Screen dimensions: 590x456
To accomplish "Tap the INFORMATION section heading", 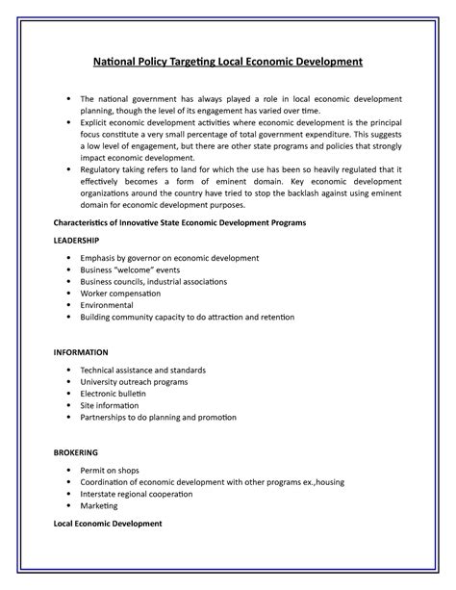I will coord(81,352).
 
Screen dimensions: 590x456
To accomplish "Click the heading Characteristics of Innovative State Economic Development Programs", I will coord(179,222).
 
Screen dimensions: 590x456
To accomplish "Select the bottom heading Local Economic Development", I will coord(107,524).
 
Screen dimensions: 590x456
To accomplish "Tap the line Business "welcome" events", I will coord(131,270).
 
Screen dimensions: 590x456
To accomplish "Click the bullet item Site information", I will coord(112,405).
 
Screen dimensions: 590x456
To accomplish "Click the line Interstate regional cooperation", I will coord(137,494).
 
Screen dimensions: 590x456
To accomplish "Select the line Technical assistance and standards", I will coord(143,371).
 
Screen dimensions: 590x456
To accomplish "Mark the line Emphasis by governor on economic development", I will coord(163,258).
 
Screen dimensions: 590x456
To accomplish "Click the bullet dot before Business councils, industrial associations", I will coord(68,282).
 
